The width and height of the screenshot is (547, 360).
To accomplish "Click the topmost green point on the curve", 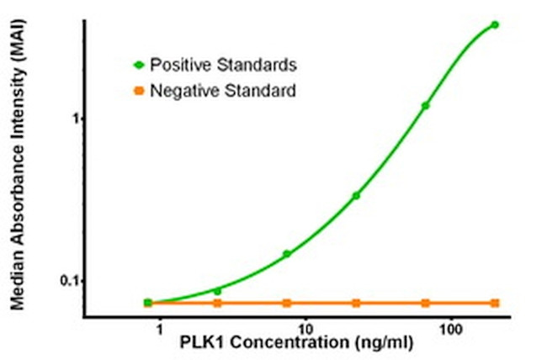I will tap(495, 24).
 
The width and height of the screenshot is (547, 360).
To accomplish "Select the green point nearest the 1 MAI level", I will tap(426, 105).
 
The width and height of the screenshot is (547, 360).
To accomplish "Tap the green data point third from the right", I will tap(356, 195).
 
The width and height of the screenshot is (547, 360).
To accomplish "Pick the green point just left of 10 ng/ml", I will tap(287, 253).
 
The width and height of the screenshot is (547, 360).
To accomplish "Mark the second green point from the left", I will tap(217, 291).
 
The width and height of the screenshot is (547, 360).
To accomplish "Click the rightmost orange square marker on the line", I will tap(495, 303).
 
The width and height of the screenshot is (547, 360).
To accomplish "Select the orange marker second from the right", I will tap(426, 303).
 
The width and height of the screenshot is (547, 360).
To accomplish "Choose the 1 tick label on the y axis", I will tap(75, 119).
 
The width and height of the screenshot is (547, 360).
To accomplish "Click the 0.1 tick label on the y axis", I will tap(69, 280).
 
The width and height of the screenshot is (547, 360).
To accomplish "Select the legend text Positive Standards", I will tap(223, 64).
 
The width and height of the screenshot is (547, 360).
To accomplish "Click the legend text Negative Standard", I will tap(223, 90).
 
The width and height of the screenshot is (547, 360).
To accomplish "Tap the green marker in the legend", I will tap(139, 64).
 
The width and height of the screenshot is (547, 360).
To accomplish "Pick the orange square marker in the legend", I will tap(139, 90).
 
